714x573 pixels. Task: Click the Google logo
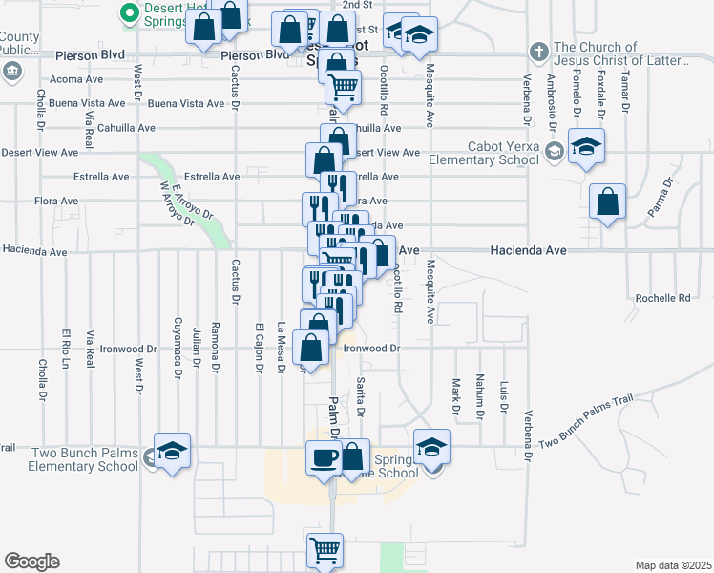[x=31, y=562]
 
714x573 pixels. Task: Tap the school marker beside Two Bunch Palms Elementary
[x=173, y=451]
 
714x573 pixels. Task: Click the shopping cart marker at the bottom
[x=325, y=551]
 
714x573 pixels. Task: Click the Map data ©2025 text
[x=672, y=565]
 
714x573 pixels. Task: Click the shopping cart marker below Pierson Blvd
[x=342, y=89]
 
